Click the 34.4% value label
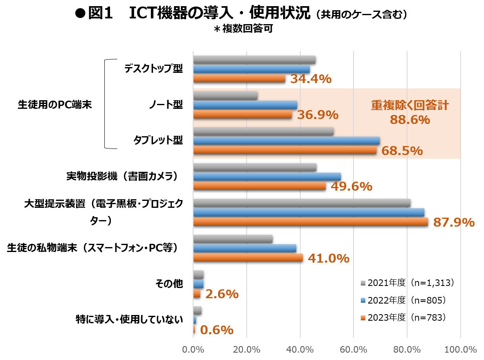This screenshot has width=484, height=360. coord(311,79)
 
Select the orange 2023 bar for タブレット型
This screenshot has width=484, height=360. coord(284,151)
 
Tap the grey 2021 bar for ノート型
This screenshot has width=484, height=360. coord(225,96)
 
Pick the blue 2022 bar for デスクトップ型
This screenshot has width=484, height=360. coord(251,69)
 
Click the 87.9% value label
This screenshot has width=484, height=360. coord(454,222)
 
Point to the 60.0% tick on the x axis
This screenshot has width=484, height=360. coord(353,350)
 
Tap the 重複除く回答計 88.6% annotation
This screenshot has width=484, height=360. coord(410,112)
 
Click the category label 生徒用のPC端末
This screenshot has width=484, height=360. coord(55,105)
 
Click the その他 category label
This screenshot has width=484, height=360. coord(169,284)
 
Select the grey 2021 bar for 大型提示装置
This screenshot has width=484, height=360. coord(302,203)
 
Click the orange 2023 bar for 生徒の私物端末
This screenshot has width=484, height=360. coord(248,258)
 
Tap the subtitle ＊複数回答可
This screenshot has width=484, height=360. coord(242,29)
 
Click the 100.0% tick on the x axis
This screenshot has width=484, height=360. coord(461,350)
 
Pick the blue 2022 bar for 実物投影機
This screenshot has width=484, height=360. coord(267,176)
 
